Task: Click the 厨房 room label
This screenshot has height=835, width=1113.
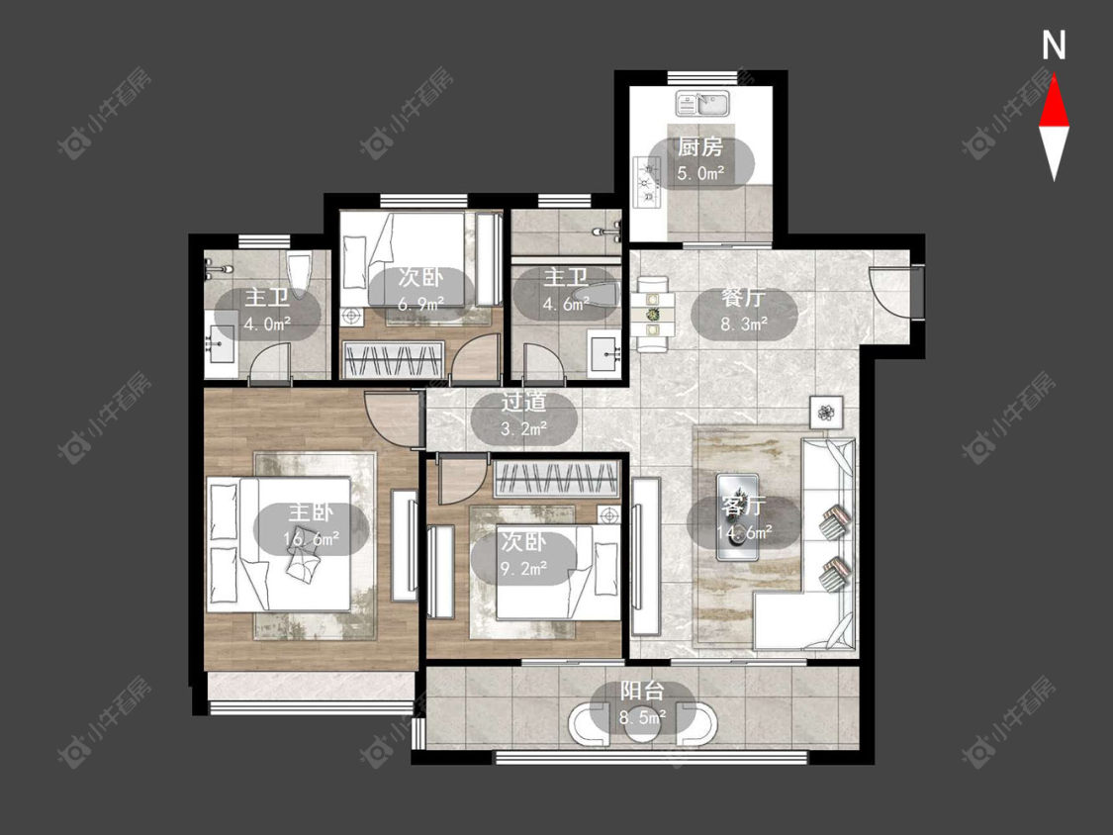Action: pyautogui.click(x=699, y=147)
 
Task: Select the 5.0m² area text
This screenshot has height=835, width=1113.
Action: pyautogui.click(x=699, y=172)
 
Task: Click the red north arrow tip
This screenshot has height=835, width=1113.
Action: pyautogui.click(x=1054, y=77)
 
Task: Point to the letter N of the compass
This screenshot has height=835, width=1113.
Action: pyautogui.click(x=1054, y=46)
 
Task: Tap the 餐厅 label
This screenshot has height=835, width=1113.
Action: pyautogui.click(x=743, y=297)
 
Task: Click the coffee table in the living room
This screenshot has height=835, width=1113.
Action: pyautogui.click(x=738, y=516)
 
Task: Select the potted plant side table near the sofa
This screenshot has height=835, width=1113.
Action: pyautogui.click(x=826, y=412)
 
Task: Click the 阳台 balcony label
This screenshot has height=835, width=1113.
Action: pyautogui.click(x=642, y=691)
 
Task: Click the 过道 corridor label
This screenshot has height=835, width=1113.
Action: pyautogui.click(x=523, y=402)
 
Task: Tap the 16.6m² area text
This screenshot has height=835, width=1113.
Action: pyautogui.click(x=311, y=539)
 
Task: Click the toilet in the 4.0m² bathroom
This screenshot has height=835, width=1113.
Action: pyautogui.click(x=300, y=273)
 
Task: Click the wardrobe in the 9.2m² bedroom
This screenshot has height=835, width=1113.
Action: pyautogui.click(x=556, y=479)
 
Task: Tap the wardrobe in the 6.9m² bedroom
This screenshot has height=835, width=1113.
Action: pyautogui.click(x=393, y=359)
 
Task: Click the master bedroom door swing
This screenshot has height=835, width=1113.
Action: pyautogui.click(x=392, y=418)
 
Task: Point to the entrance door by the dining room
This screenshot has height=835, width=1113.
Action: pyautogui.click(x=895, y=291)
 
